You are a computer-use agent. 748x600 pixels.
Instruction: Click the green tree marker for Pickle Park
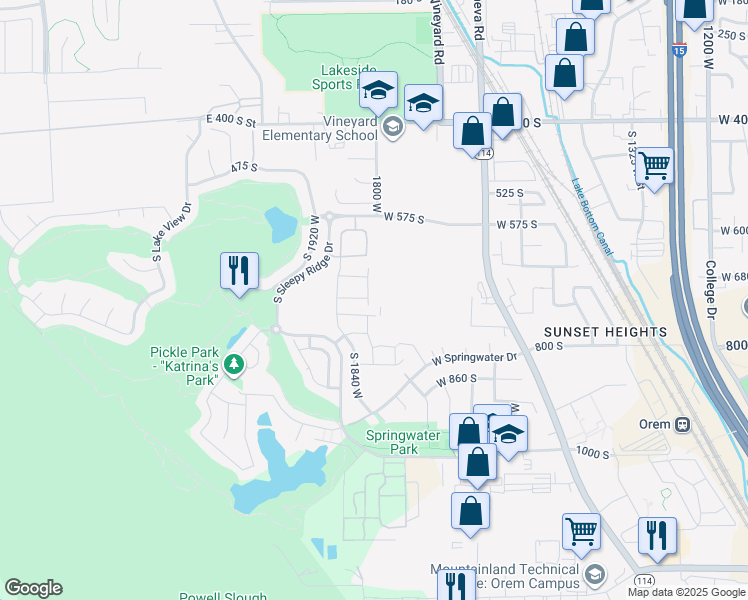pos(234,364)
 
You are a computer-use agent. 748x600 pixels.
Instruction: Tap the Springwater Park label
pos(391,442)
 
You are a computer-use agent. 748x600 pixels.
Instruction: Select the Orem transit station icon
pos(683,423)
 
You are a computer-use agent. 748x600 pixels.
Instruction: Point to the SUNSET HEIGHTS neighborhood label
pos(605,331)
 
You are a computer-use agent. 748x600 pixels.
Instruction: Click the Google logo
pos(33,588)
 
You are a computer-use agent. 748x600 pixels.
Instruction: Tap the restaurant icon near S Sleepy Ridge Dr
pos(240,271)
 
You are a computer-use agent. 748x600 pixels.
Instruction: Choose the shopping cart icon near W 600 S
pos(655,165)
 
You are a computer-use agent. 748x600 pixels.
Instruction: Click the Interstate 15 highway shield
pos(680,49)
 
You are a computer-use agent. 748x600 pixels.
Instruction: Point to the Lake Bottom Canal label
pos(592,216)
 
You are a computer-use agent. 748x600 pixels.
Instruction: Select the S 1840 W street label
pos(354,376)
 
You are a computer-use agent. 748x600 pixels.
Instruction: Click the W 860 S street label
pos(456,380)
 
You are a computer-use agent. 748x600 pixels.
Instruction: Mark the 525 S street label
pos(509,193)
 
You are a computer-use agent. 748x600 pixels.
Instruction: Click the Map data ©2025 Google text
pos(685,592)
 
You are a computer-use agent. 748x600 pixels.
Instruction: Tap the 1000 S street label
pos(592,453)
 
